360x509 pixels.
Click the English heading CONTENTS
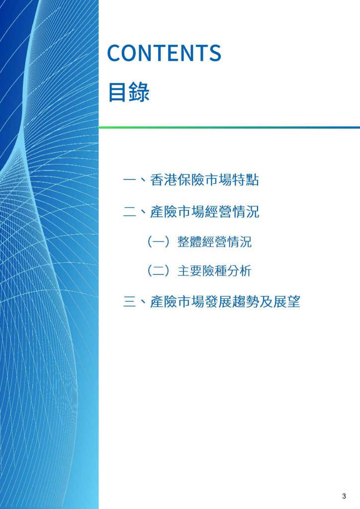click(x=164, y=53)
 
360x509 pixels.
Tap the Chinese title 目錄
click(x=129, y=92)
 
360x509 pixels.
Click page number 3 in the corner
click(x=344, y=496)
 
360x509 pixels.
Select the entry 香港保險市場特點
click(x=204, y=180)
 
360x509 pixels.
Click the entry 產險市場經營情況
click(x=204, y=212)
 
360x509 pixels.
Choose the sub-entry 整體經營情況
click(x=214, y=242)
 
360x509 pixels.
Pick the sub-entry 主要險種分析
click(x=214, y=271)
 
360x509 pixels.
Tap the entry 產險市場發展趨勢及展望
click(x=225, y=302)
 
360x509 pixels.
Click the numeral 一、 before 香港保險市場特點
click(x=136, y=180)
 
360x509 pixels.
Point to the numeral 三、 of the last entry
click(x=136, y=302)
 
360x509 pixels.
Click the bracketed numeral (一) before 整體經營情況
click(x=159, y=242)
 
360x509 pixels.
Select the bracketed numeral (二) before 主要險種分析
click(x=159, y=271)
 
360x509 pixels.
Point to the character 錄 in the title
click(x=139, y=92)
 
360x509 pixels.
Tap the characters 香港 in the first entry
click(x=163, y=180)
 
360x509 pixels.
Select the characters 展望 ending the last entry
click(x=286, y=302)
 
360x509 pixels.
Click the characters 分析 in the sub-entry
click(x=239, y=271)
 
